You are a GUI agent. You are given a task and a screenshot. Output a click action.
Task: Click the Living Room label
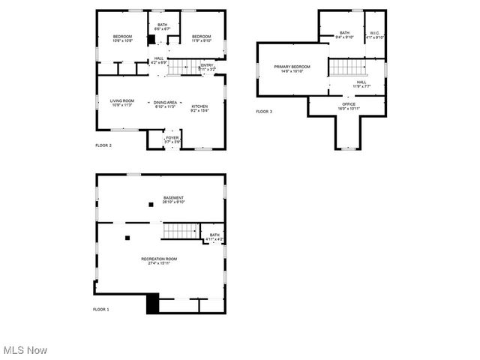coord(122,101)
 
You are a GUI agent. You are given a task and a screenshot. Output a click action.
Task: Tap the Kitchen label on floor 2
coord(199,106)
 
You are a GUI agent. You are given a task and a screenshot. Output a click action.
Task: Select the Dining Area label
coord(165,102)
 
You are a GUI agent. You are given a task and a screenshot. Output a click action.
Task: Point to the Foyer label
coord(172,138)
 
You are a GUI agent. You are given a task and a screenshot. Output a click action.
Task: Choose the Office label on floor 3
coord(349,104)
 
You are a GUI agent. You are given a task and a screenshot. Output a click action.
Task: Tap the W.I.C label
coord(375,33)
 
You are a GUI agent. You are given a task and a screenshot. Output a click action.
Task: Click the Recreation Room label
coord(159,259)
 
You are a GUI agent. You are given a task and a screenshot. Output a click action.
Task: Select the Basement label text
coord(174,198)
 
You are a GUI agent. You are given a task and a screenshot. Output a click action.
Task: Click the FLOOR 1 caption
coord(101,309)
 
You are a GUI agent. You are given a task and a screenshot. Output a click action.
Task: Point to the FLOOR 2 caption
coord(103,145)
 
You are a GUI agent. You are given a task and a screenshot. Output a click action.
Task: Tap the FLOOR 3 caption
coord(264,112)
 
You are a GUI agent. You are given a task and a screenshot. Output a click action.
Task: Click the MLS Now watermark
coord(25,350)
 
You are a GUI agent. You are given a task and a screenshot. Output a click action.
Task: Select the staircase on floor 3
coord(346,67)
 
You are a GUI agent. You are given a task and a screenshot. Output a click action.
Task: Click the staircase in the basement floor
coord(179,231)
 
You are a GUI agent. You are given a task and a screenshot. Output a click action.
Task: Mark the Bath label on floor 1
coord(214,235)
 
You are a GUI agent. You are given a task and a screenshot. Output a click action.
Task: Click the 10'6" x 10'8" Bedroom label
coord(122,37)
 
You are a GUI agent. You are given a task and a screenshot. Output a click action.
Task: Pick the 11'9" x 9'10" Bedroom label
coord(200,37)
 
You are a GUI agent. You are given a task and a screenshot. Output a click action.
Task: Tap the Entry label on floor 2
coord(207,65)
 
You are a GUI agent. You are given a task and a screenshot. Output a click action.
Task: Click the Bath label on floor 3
coord(344,33)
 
